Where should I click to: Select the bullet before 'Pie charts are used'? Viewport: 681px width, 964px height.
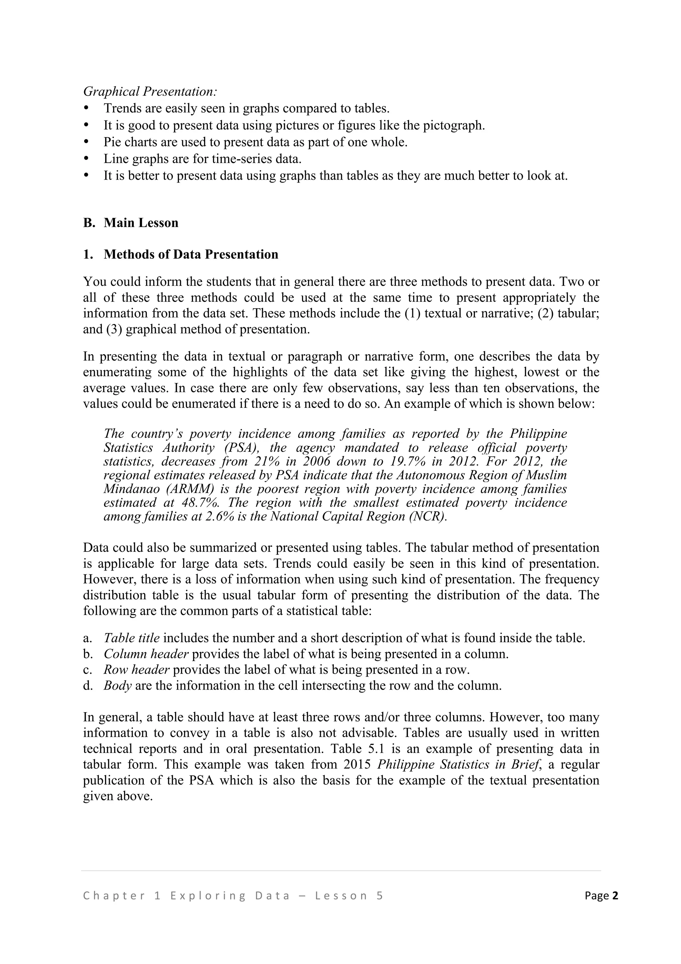pos(87,142)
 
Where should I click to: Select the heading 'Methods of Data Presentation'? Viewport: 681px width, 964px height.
pos(191,254)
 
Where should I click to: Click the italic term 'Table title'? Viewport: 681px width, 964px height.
pos(131,638)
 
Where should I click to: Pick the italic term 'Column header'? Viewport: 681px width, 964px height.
pos(146,654)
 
